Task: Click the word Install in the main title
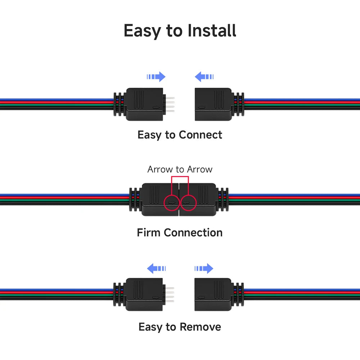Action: (x=212, y=30)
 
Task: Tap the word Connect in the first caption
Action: (x=201, y=135)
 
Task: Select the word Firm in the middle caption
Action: (x=148, y=232)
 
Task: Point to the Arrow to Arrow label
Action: (x=180, y=169)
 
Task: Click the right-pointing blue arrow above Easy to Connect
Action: (x=156, y=77)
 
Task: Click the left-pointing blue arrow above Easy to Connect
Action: (x=204, y=77)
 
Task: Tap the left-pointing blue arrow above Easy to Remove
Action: (x=156, y=269)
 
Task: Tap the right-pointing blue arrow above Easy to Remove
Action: (x=204, y=269)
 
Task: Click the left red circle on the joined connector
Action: (x=164, y=203)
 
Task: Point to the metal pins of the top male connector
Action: (x=170, y=104)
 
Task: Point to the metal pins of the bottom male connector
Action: (x=169, y=294)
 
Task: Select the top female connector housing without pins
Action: (x=213, y=104)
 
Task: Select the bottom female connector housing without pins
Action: (x=213, y=294)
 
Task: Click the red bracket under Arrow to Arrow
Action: (x=180, y=176)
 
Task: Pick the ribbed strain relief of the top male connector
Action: (x=120, y=104)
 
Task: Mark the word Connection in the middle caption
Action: (x=193, y=232)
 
